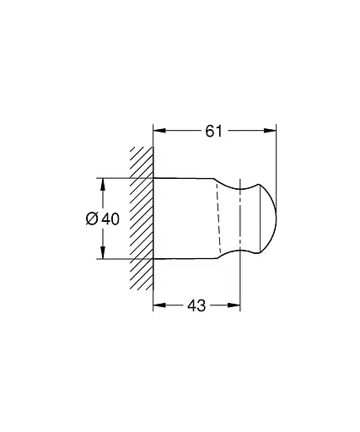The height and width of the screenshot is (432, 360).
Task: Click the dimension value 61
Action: pos(215,131)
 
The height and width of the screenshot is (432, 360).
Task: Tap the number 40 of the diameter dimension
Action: pos(110,219)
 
